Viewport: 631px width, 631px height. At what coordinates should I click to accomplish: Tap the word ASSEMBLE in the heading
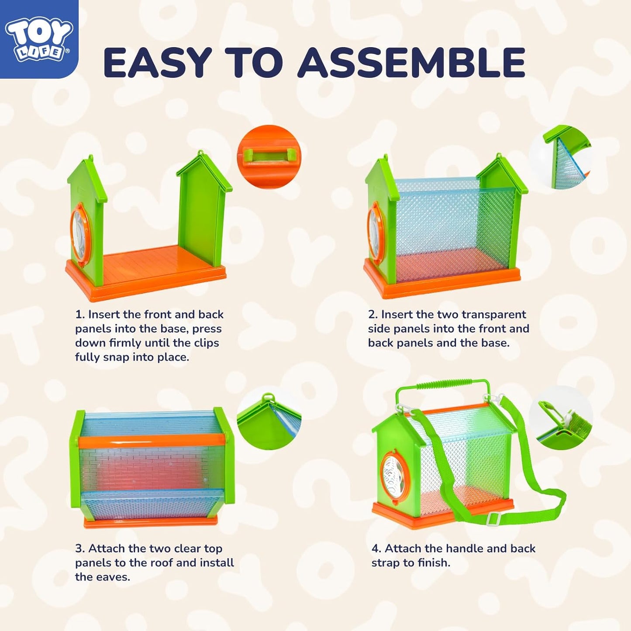[x=412, y=62]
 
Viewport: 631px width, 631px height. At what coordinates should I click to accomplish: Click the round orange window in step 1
[x=80, y=233]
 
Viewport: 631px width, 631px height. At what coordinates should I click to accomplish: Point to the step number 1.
[x=79, y=315]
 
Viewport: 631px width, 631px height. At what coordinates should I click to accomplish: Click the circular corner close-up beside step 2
[x=561, y=158]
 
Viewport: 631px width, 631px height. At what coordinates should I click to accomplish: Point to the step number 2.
[x=372, y=315]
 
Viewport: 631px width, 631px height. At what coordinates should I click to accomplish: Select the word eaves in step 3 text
[x=115, y=577]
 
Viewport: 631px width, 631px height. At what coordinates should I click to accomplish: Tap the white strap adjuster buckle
[x=493, y=519]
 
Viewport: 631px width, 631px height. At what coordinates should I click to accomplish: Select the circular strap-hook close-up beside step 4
[x=562, y=420]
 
